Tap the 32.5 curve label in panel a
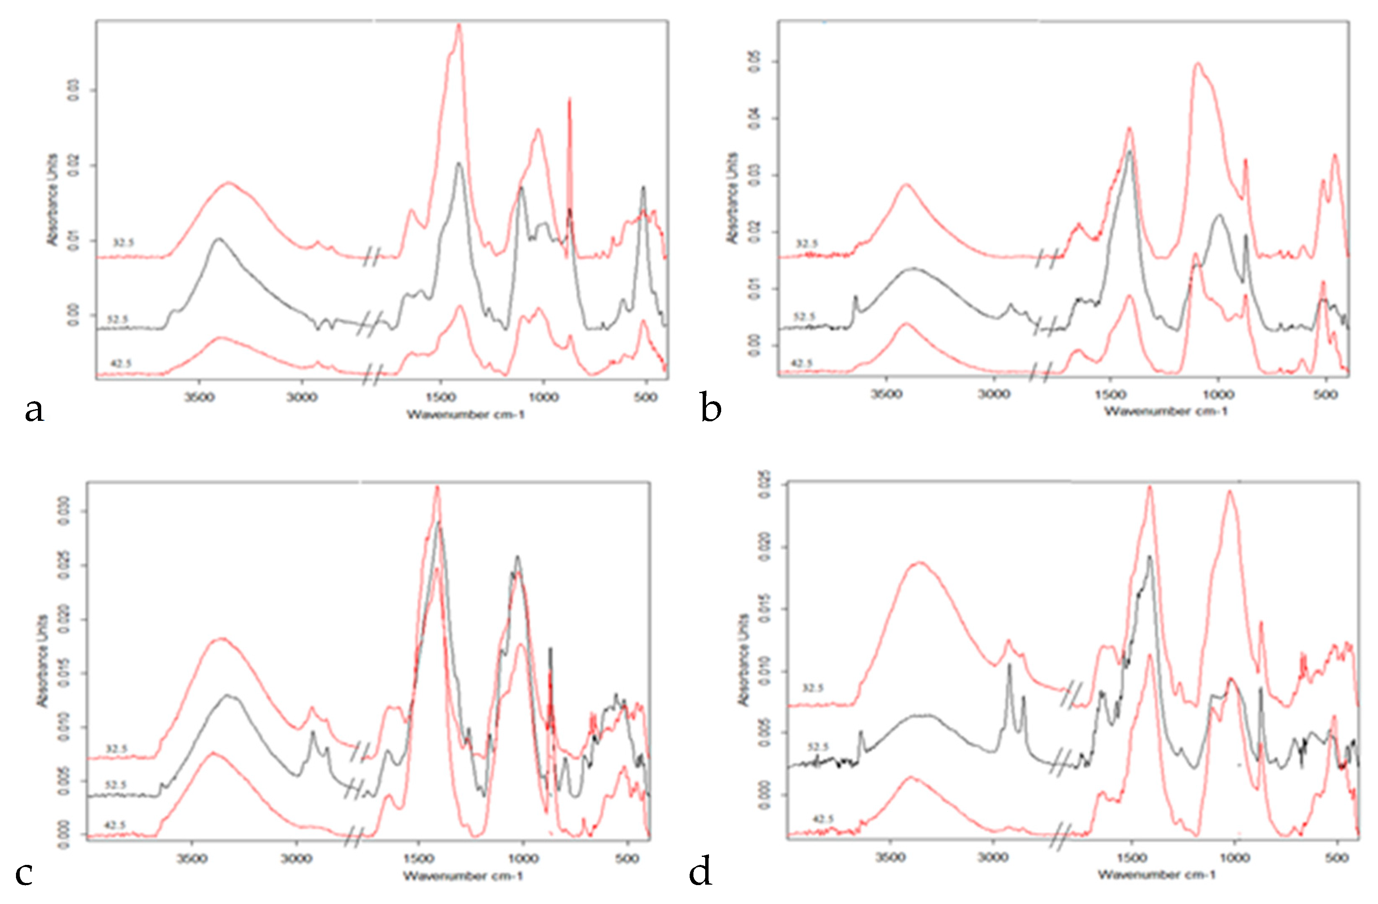click(x=123, y=243)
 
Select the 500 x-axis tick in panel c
click(x=627, y=858)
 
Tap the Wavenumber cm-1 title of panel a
click(x=466, y=414)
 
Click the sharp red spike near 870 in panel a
click(x=570, y=101)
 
